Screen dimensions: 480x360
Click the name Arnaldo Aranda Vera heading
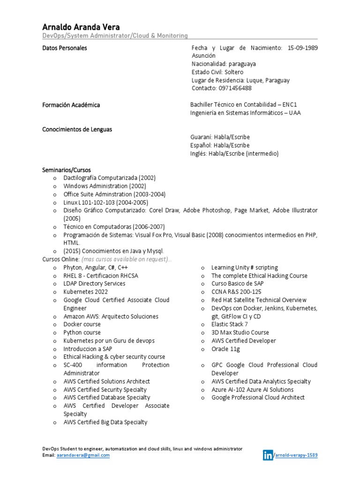[81, 27]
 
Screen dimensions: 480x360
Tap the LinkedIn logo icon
[268, 455]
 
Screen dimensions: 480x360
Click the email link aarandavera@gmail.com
[83, 455]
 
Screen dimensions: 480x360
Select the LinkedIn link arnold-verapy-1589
[299, 455]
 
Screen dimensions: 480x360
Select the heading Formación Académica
[71, 105]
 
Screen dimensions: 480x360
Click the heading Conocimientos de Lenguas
[77, 129]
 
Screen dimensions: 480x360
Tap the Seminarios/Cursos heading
[67, 170]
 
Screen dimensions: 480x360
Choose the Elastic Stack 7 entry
[230, 324]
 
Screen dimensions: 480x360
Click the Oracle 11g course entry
[225, 349]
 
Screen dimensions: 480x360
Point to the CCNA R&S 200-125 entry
[236, 292]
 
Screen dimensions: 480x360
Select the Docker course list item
[82, 324]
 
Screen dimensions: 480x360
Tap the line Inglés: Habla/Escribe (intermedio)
[234, 153]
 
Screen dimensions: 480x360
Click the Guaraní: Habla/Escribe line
[220, 137]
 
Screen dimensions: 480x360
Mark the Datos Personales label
[65, 48]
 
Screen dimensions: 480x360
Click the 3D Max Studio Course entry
[240, 332]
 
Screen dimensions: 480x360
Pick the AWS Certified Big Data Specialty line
[105, 422]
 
